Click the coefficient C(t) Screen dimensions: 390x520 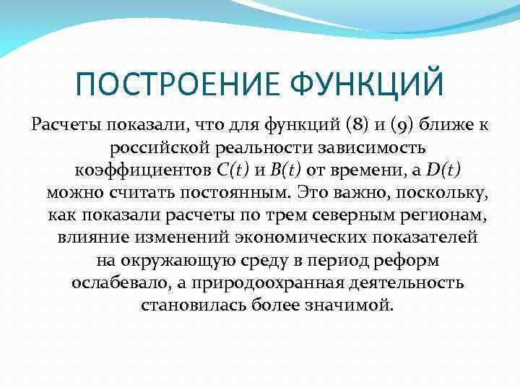click(x=233, y=170)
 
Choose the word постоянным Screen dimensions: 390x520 click(x=219, y=193)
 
